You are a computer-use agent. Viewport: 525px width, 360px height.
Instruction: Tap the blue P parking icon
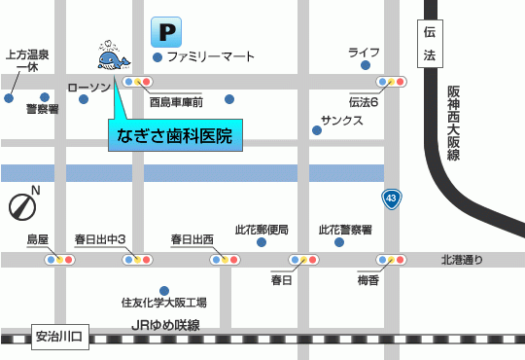coord(165,33)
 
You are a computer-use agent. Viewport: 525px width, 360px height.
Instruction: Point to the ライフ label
coord(365,52)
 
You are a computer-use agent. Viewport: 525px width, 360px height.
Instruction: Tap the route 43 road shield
coord(391,198)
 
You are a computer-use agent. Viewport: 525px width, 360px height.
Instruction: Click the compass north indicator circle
coord(22,206)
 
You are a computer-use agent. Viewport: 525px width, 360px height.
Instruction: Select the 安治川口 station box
coord(59,338)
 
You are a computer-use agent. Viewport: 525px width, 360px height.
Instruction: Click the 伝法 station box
coord(431,44)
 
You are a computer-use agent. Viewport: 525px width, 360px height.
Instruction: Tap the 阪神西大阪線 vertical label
coord(453,122)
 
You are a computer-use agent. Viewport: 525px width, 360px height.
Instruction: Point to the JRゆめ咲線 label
coord(164,325)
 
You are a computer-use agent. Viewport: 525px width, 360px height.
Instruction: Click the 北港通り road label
coord(461,260)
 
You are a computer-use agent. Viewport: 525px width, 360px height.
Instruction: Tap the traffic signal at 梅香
coord(393,260)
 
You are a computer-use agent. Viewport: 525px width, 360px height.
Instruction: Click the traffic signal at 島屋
coord(57,260)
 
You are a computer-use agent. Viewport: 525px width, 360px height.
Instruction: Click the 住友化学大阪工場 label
coord(163,303)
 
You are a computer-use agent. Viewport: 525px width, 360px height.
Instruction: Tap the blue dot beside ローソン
coord(84,98)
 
